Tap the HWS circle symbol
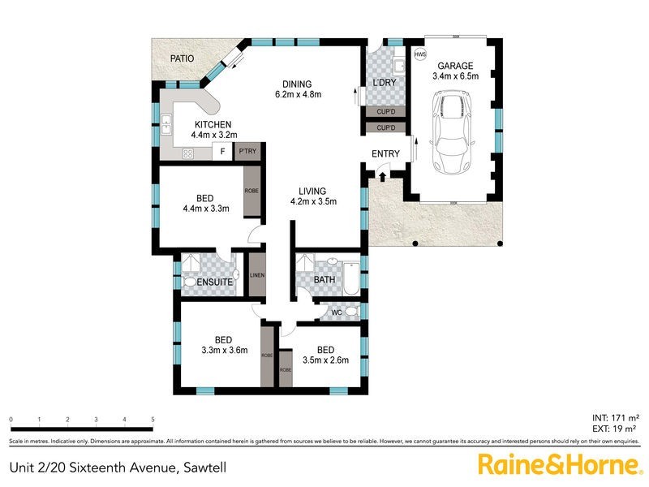coord(419,54)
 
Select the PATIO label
coord(183,58)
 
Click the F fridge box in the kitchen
coord(221,152)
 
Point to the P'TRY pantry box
coord(247,152)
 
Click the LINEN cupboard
coord(257,275)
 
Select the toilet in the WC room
coord(350,312)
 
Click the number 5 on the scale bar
coord(153,419)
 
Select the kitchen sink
coord(166,124)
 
